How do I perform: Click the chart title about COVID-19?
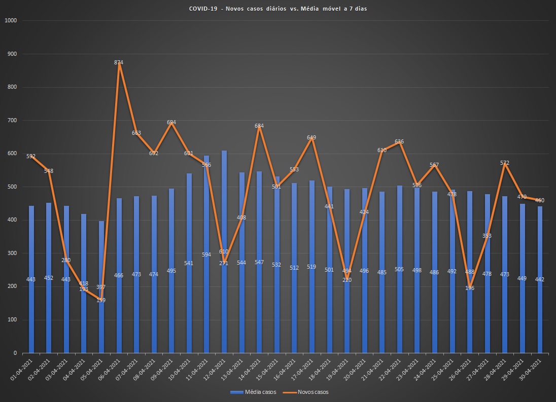277,9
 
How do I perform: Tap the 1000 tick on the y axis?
11,21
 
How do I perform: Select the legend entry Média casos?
253,392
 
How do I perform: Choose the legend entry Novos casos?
309,392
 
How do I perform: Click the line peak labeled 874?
119,63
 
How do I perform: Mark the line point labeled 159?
101,300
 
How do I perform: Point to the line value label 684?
259,126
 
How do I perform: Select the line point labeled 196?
470,287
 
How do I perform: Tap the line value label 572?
505,163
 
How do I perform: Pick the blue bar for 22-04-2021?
400,304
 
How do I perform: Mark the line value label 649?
312,137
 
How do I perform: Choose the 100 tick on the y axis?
12,320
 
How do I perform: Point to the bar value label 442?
540,280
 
